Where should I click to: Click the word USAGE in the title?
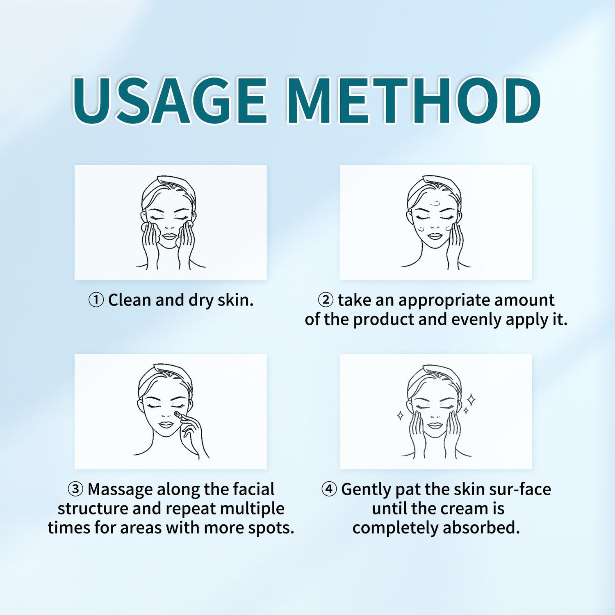pyautogui.click(x=170, y=100)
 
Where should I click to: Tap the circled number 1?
pyautogui.click(x=96, y=300)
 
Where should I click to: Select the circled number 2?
pyautogui.click(x=326, y=300)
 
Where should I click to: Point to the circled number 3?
pyautogui.click(x=75, y=489)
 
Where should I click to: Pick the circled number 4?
pyautogui.click(x=329, y=489)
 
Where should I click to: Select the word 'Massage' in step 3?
pyautogui.click(x=120, y=490)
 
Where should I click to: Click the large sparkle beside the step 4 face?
pyautogui.click(x=471, y=399)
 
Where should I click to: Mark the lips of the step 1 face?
pyautogui.click(x=169, y=237)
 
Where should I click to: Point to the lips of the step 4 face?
pyautogui.click(x=435, y=425)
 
